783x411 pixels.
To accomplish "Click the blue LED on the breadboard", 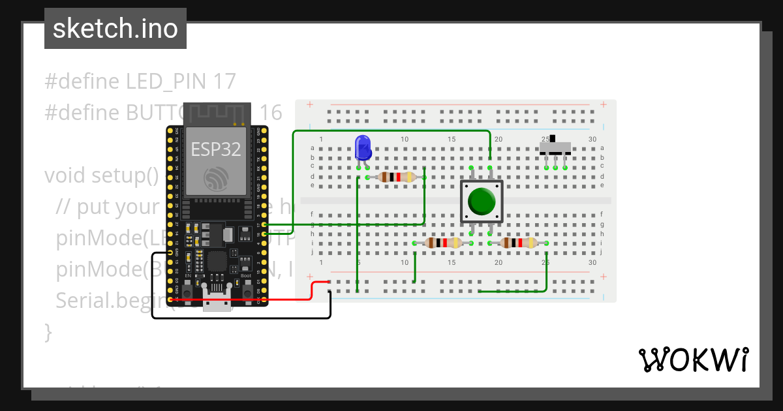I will pyautogui.click(x=362, y=147).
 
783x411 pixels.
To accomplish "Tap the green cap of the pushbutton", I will pyautogui.click(x=482, y=201).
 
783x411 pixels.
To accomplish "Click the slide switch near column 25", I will pyautogui.click(x=555, y=147).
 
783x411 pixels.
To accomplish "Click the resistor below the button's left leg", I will pyautogui.click(x=443, y=243).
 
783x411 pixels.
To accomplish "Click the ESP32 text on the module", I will pyautogui.click(x=216, y=149).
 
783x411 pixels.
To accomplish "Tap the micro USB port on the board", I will pyautogui.click(x=218, y=303).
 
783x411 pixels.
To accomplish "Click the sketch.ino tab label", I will pyautogui.click(x=115, y=29).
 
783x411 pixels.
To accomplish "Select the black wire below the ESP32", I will pyautogui.click(x=241, y=318).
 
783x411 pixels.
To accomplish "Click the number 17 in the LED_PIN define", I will pyautogui.click(x=224, y=82).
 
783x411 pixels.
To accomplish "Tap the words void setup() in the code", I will pyautogui.click(x=102, y=176).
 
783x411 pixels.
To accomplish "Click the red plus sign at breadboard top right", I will pyautogui.click(x=604, y=104).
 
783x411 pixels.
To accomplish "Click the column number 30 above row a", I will pyautogui.click(x=592, y=140).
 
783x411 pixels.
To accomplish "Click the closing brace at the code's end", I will pyautogui.click(x=48, y=331).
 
